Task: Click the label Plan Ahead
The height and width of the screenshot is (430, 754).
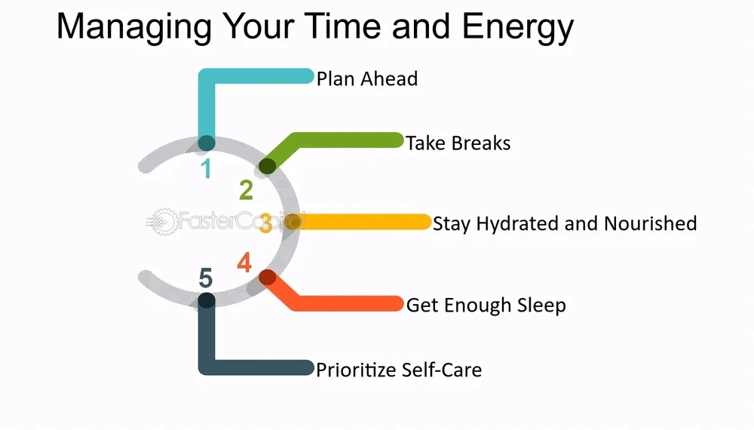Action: pyautogui.click(x=367, y=79)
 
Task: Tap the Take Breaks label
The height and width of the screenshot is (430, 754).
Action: pyautogui.click(x=458, y=143)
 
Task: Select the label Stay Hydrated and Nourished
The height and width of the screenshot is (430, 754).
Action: pyautogui.click(x=565, y=223)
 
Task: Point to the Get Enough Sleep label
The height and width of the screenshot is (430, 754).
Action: pyautogui.click(x=486, y=306)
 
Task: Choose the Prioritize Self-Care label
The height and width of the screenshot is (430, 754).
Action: pyautogui.click(x=399, y=370)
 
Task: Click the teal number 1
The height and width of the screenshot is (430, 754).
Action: pyautogui.click(x=207, y=169)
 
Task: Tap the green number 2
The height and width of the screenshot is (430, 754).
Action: pyautogui.click(x=247, y=190)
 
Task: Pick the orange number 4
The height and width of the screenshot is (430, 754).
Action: pyautogui.click(x=244, y=263)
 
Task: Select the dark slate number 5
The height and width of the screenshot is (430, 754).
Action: pyautogui.click(x=205, y=278)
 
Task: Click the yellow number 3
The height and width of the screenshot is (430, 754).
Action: pyautogui.click(x=265, y=223)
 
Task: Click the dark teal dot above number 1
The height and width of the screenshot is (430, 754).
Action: pyautogui.click(x=207, y=143)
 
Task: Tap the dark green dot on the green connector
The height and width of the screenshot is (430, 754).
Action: pyautogui.click(x=268, y=166)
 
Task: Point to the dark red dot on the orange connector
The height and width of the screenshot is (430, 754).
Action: pyautogui.click(x=268, y=278)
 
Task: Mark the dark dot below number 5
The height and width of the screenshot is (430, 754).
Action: pyautogui.click(x=207, y=300)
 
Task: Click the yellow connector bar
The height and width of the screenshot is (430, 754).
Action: pyautogui.click(x=357, y=222)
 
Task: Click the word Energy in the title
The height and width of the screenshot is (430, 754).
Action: pyautogui.click(x=518, y=27)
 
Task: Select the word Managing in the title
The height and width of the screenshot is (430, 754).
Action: pyautogui.click(x=134, y=27)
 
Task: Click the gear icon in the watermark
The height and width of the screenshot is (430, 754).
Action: pyautogui.click(x=164, y=222)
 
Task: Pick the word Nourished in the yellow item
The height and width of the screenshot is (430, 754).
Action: pyautogui.click(x=650, y=223)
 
